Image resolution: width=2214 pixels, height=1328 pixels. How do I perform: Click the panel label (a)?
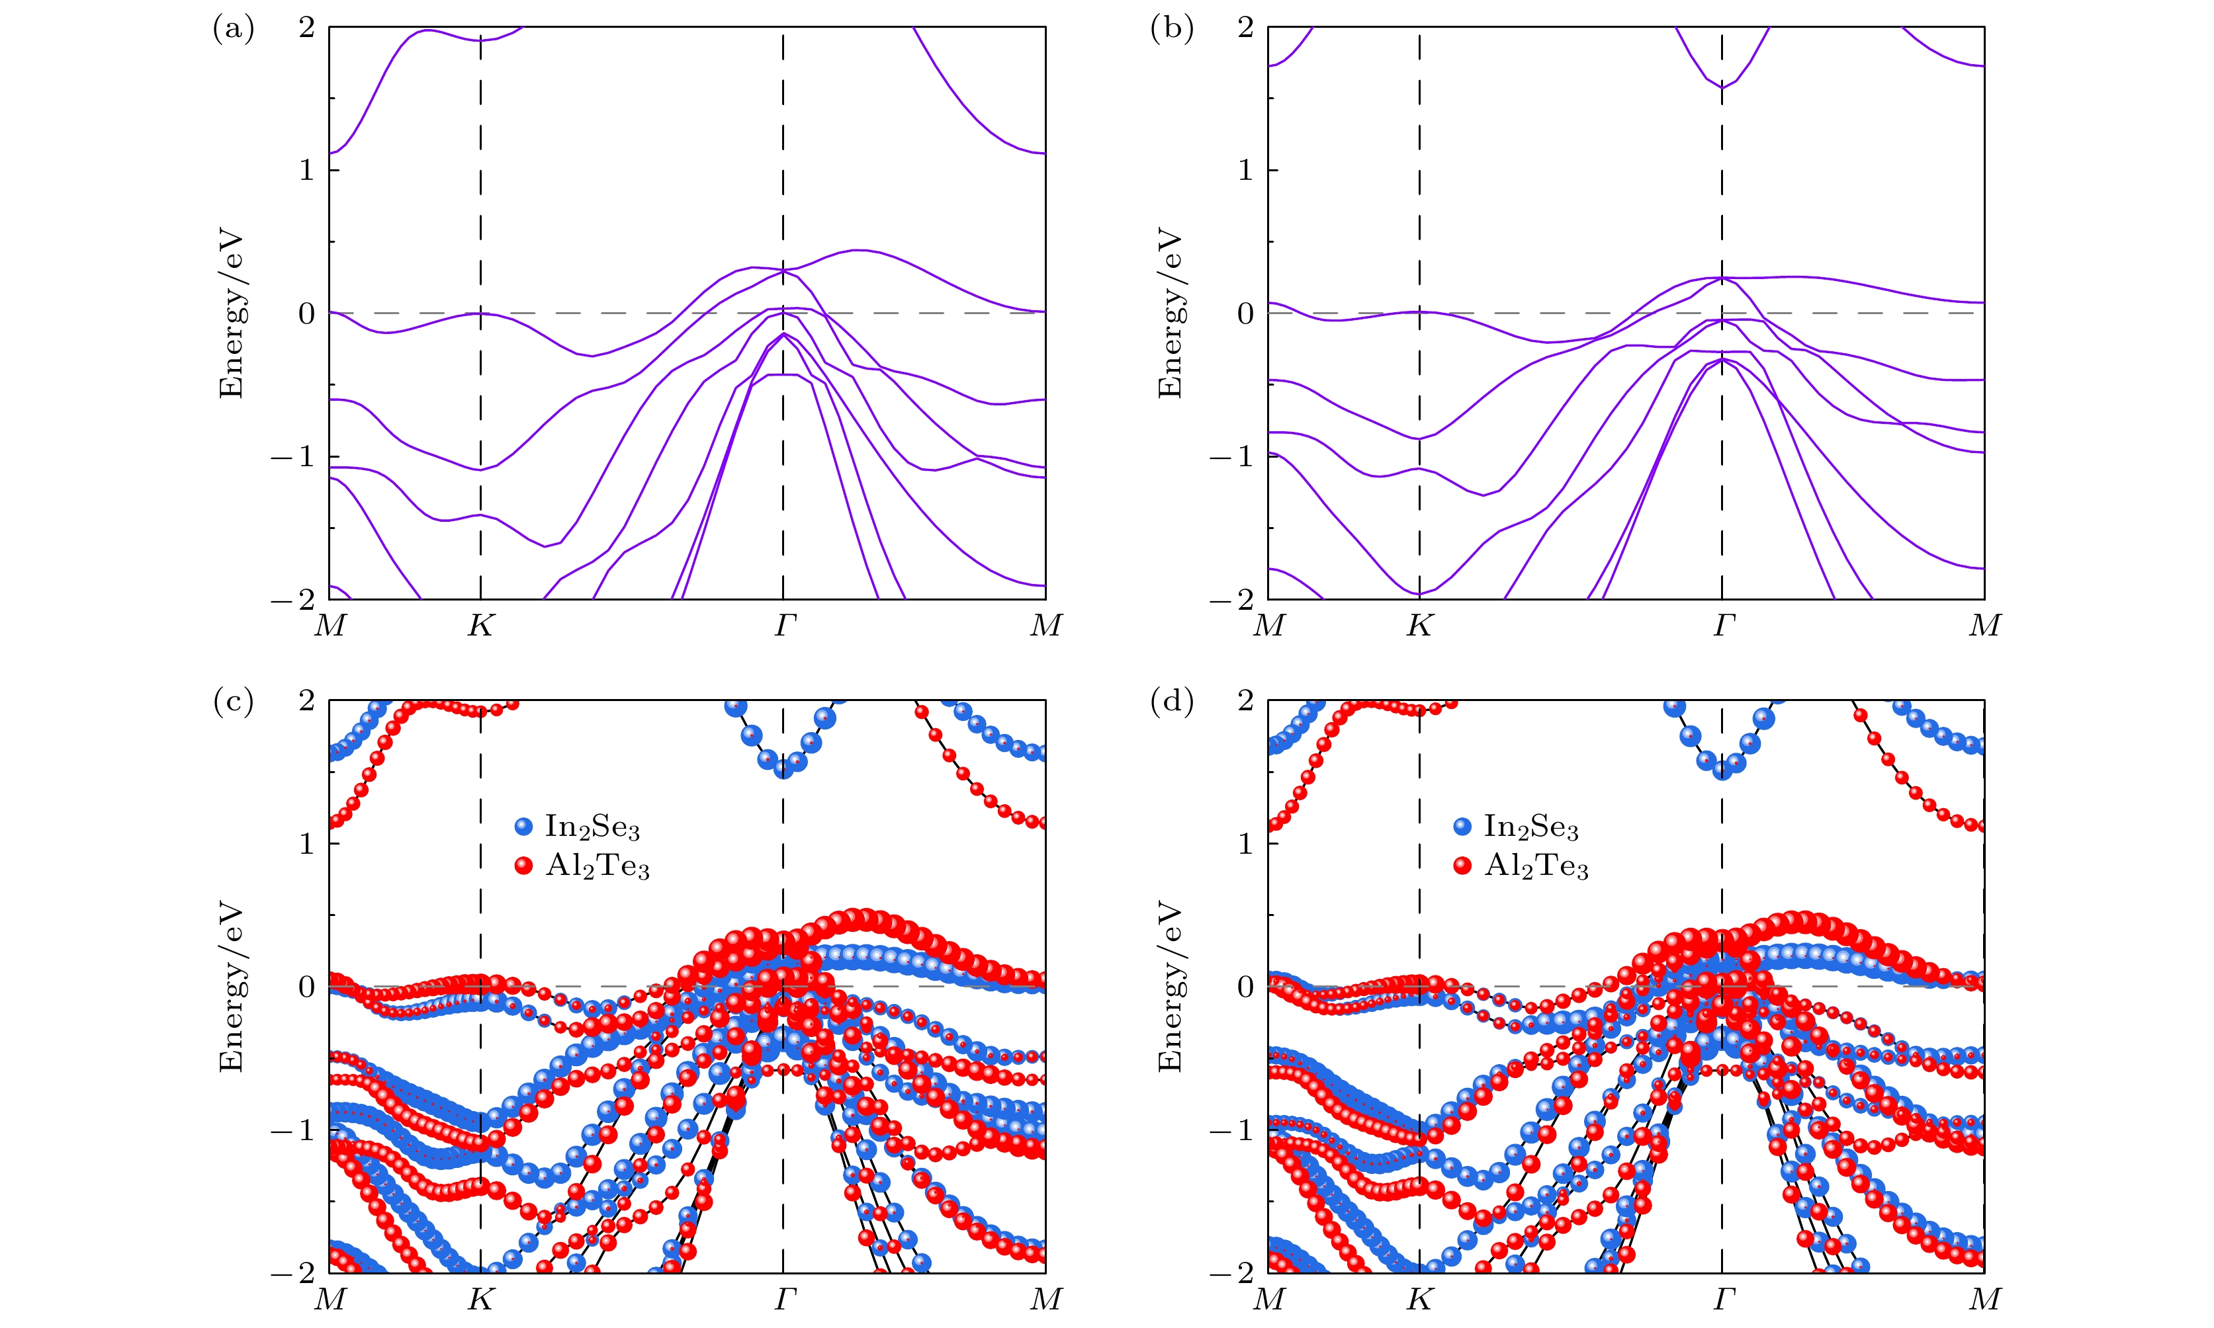coord(233,30)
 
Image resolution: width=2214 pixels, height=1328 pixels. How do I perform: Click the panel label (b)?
coord(1171,30)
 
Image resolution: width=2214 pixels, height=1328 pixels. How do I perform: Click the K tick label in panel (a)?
coord(481,626)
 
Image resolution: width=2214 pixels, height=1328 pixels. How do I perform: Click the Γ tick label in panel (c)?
coord(784,1298)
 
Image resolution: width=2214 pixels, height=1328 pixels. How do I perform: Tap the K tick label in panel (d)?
coord(1420,1298)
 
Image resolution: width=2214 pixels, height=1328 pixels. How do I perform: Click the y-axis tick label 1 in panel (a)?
coord(307,170)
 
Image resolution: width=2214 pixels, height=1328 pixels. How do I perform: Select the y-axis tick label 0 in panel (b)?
coord(1245,313)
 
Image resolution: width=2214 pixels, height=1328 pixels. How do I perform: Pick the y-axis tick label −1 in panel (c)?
coord(294,1130)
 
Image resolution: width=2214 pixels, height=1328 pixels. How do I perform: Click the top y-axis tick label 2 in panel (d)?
coord(1245,700)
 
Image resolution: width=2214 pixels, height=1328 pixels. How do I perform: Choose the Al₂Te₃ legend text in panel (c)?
coord(597,866)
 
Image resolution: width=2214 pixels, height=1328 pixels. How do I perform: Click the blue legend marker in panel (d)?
coord(1463,826)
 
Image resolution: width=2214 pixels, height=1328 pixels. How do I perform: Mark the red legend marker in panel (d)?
coord(1463,865)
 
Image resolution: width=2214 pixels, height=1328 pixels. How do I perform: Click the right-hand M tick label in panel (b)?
coord(1984,626)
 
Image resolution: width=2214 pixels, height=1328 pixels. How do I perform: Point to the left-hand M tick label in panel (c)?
coord(330,1298)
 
